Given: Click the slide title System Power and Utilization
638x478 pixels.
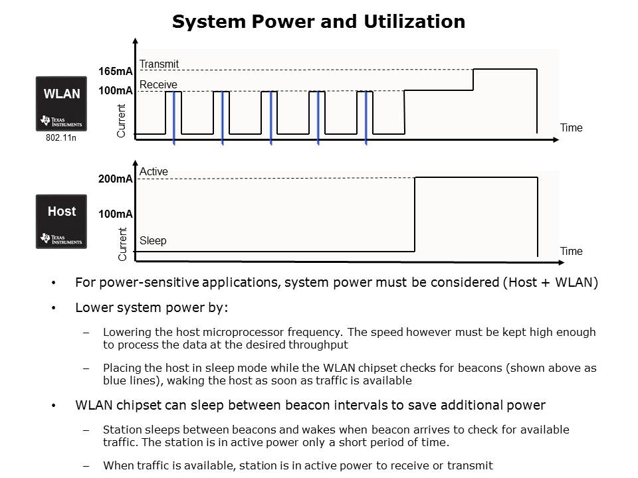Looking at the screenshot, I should click(x=318, y=22).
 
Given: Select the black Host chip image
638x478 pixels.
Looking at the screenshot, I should click(x=61, y=221).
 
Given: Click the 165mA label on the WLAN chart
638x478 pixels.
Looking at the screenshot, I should click(x=116, y=71).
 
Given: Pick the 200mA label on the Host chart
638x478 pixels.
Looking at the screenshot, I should click(x=116, y=179).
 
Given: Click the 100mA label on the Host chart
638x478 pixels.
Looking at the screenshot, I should click(x=116, y=214).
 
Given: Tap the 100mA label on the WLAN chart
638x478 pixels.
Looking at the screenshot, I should click(x=116, y=90).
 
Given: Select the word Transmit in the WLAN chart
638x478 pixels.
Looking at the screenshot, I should click(x=159, y=64).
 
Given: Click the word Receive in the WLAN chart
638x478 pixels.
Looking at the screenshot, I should click(x=158, y=84).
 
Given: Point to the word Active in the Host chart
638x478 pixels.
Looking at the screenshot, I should click(x=154, y=172).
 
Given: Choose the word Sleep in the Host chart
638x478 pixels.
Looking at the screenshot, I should click(x=153, y=240).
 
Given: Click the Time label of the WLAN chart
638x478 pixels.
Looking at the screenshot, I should click(x=571, y=127).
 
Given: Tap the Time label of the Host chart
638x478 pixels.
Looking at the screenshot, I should click(x=571, y=251).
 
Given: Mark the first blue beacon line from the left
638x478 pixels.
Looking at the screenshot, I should click(x=174, y=118).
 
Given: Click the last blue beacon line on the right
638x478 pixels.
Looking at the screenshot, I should click(x=366, y=118).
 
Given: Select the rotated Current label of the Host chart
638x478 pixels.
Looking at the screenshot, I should click(x=122, y=244).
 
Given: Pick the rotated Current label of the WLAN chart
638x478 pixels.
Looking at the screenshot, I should click(x=122, y=121).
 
